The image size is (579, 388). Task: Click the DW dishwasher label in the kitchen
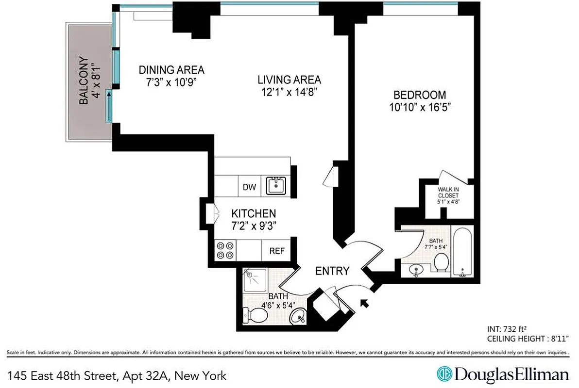click(250, 187)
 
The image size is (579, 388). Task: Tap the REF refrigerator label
click(276, 251)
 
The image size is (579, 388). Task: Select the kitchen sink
click(276, 186)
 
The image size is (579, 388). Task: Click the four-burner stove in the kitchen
click(224, 250)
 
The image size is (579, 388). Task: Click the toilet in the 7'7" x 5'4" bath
click(441, 264)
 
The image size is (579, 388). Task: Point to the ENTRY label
click(332, 271)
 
